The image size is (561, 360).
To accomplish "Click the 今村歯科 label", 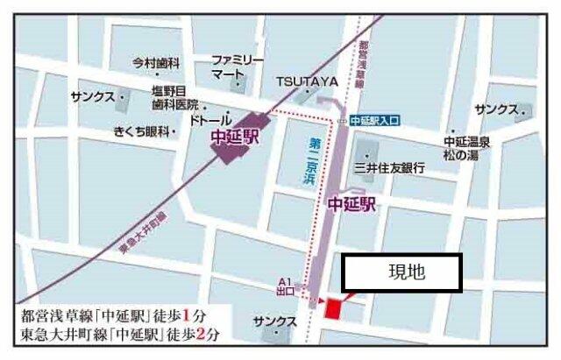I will (x=155, y=64).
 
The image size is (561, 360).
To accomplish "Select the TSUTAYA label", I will (x=308, y=81).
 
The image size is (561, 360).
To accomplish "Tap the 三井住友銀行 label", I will (x=389, y=166).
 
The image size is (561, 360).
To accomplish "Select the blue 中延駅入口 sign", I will (x=373, y=122).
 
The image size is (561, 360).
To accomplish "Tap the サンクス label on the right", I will (x=496, y=110).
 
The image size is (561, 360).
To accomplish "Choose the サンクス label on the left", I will (x=93, y=97).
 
